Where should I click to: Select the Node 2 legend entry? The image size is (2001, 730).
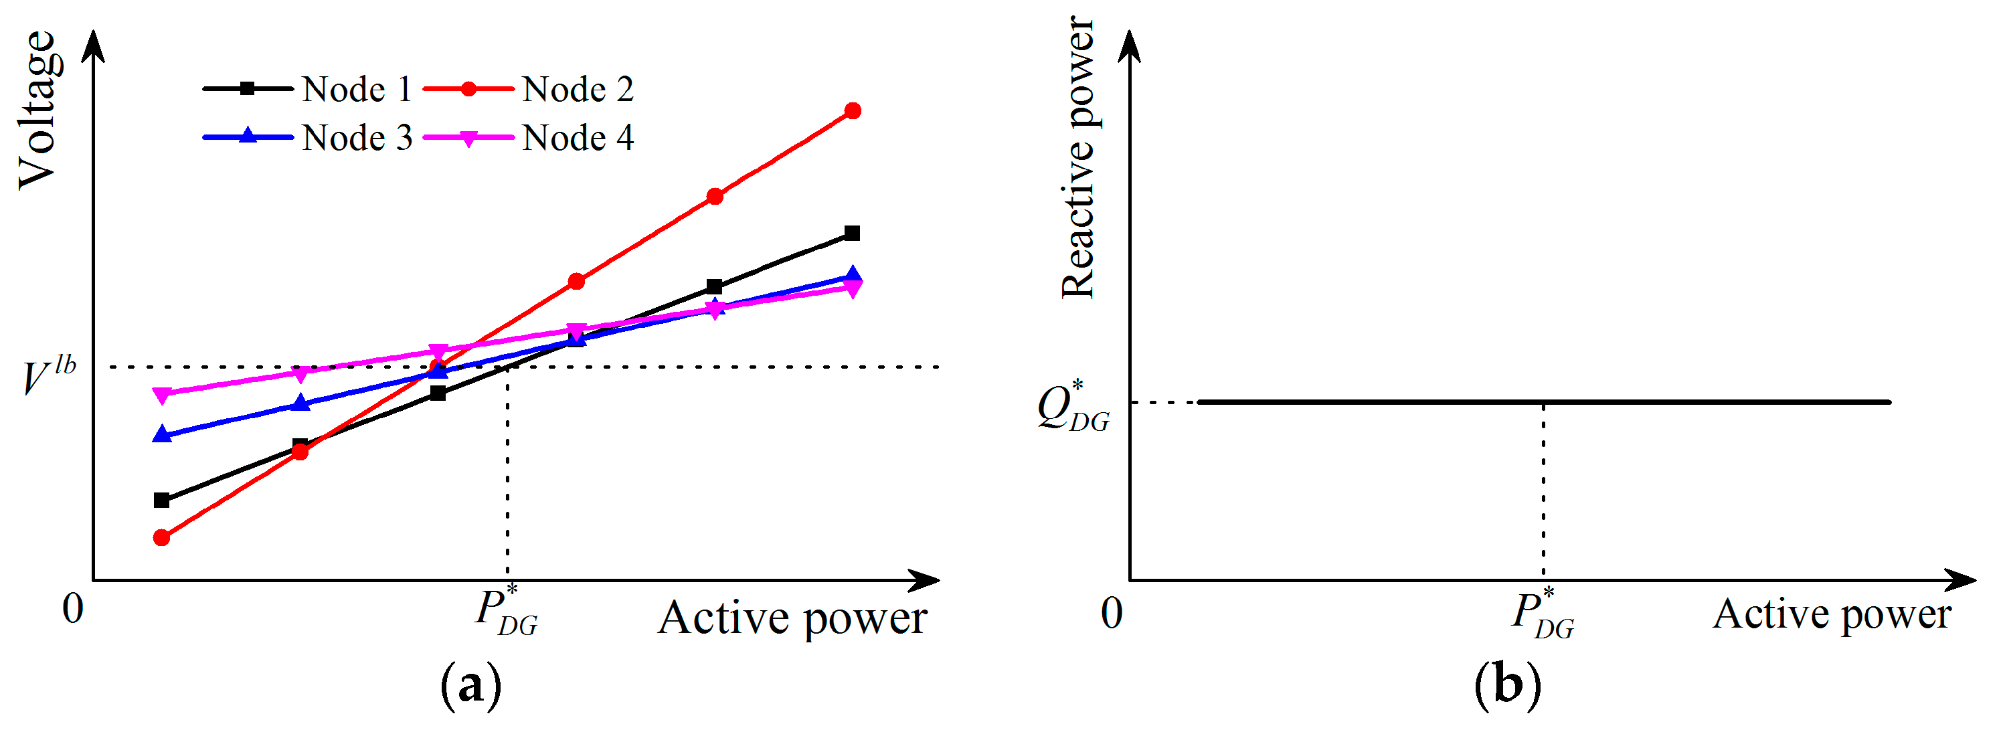click(529, 89)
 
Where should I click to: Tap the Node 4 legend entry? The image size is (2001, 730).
click(529, 139)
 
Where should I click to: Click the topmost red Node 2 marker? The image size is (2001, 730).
click(852, 111)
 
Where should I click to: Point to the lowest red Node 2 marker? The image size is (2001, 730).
click(161, 537)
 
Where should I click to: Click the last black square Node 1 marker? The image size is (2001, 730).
click(852, 233)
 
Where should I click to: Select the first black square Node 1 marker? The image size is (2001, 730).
click(161, 500)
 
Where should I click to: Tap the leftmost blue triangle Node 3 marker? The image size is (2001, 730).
click(161, 434)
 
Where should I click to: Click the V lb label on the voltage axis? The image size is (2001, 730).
click(48, 377)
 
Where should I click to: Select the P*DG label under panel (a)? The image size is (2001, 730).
click(506, 612)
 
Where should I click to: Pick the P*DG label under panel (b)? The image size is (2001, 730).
click(1542, 614)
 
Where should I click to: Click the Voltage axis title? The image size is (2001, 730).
click(37, 110)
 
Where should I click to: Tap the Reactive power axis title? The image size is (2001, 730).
click(1078, 158)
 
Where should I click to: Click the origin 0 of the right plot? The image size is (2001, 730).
click(1112, 614)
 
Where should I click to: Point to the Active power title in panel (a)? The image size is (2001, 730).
click(792, 619)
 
